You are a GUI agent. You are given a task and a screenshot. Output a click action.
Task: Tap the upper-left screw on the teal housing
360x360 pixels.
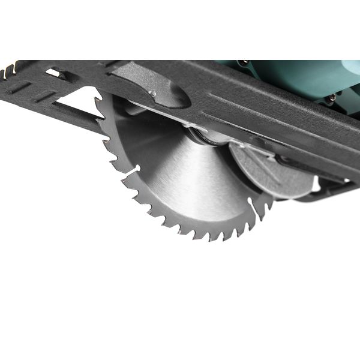[x=245, y=62]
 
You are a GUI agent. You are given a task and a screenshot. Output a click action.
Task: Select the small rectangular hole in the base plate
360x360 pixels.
[x=53, y=73]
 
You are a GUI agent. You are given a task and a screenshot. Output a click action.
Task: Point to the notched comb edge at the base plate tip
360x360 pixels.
[x=8, y=70]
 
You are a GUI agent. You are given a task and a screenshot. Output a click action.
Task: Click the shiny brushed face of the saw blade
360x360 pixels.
[x=180, y=180]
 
